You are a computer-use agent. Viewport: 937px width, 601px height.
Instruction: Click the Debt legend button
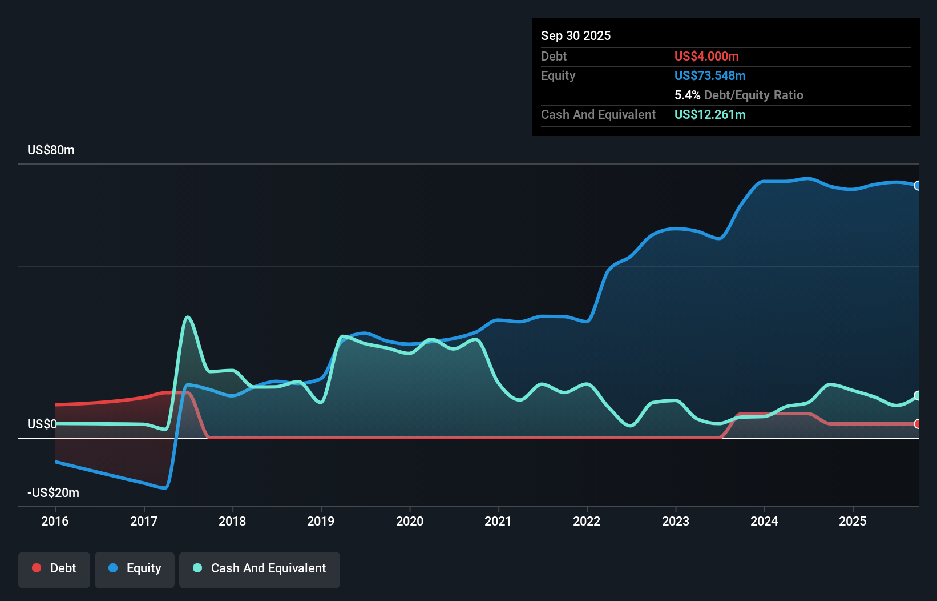click(x=54, y=568)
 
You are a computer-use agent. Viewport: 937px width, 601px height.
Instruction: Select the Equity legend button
click(x=135, y=568)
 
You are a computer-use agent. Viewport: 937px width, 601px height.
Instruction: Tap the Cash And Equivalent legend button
click(x=260, y=568)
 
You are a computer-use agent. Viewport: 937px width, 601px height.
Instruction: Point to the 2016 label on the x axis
click(x=55, y=521)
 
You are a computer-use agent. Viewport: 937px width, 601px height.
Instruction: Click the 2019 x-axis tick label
click(x=321, y=521)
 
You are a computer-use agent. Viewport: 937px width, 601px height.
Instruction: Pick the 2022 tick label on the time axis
click(x=587, y=521)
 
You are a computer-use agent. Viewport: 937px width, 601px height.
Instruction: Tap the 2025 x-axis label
click(x=853, y=521)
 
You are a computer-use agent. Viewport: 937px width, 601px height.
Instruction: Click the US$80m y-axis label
click(x=51, y=150)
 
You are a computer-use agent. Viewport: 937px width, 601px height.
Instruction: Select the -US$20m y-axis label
click(x=53, y=492)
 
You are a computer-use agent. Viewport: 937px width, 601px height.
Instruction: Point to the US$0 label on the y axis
click(x=42, y=424)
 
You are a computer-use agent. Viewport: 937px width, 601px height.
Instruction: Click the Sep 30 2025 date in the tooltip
click(x=575, y=35)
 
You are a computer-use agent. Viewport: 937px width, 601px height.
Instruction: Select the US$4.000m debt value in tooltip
click(x=706, y=56)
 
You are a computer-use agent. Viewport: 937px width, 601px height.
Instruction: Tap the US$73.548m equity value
click(x=709, y=75)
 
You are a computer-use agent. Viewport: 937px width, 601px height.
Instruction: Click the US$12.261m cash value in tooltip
click(x=709, y=114)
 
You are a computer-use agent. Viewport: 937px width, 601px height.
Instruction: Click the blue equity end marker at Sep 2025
click(x=917, y=186)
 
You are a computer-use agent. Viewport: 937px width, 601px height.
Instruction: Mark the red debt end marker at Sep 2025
click(x=917, y=424)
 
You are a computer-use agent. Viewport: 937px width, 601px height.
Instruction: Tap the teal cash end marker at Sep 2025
click(x=917, y=395)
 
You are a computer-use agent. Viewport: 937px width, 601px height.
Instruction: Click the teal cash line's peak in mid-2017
click(x=188, y=317)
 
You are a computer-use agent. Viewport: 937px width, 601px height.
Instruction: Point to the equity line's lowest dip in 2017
click(x=165, y=488)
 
